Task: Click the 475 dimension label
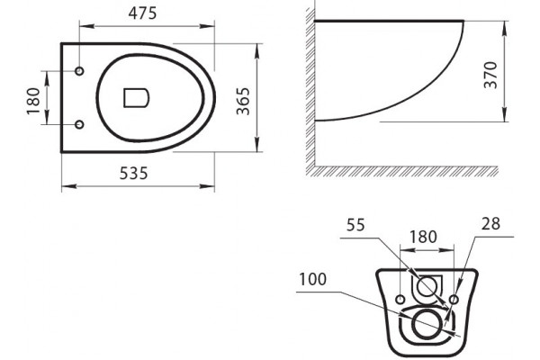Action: [142, 13]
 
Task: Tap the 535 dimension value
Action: [133, 174]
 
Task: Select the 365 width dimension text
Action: [243, 101]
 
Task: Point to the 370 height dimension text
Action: [490, 75]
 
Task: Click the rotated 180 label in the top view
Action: [33, 101]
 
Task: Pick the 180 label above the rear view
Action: [423, 237]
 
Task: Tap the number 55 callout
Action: [355, 225]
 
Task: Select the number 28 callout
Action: [490, 223]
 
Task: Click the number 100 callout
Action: [312, 279]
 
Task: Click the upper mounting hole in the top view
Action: [79, 71]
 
